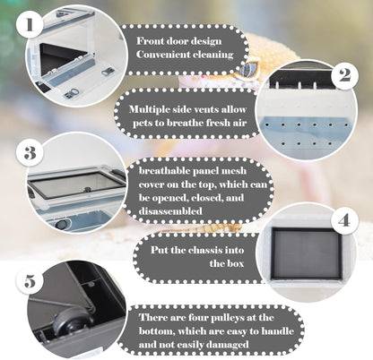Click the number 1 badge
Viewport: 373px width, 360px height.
30,24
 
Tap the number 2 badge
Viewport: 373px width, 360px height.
344,75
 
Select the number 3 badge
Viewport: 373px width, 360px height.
30,153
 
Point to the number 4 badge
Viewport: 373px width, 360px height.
344,221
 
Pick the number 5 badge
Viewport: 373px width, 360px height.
30,281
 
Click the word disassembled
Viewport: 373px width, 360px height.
170,211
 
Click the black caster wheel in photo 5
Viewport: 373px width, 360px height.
70,323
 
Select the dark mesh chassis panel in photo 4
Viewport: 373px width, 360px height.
307,253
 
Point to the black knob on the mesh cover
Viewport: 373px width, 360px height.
88,189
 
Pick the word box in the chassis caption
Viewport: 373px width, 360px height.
235,263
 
